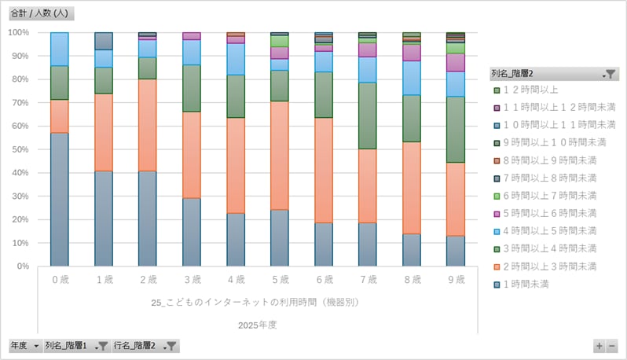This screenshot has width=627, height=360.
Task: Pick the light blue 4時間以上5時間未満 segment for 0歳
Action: [59, 49]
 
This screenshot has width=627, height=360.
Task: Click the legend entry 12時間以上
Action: [535, 90]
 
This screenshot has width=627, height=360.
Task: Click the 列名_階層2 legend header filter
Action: [610, 73]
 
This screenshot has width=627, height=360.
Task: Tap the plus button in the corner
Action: [599, 346]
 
